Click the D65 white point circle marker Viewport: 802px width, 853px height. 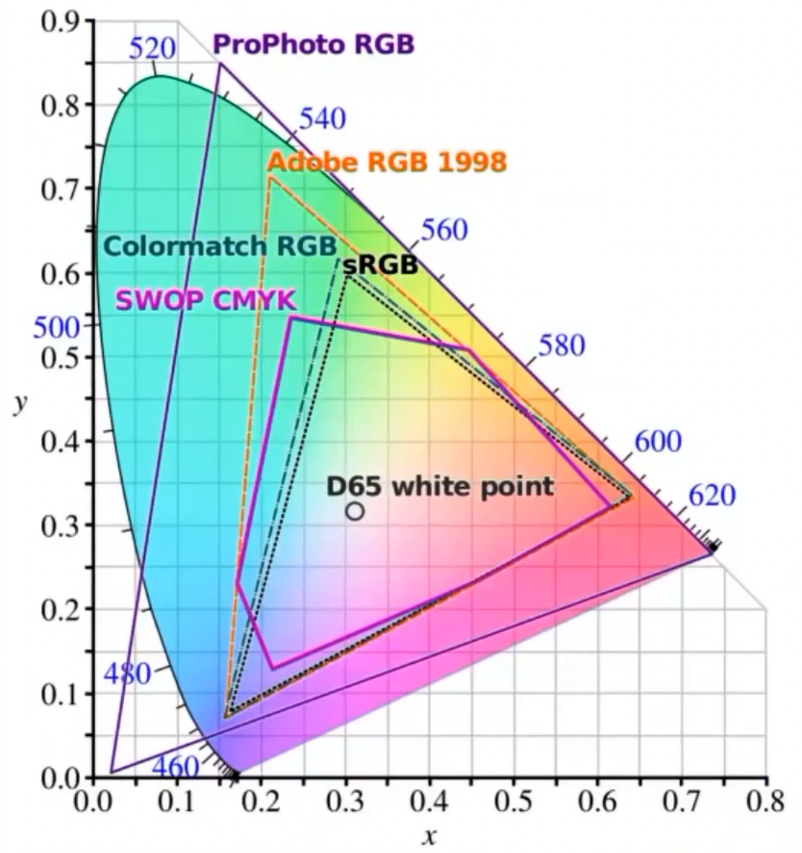point(354,511)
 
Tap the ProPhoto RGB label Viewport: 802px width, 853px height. point(314,44)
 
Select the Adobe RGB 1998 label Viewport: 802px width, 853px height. point(387,161)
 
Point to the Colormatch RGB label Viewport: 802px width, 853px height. point(220,246)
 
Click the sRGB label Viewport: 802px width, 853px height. point(380,265)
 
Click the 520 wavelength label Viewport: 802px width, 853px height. point(152,48)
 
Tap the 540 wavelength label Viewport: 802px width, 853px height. point(322,119)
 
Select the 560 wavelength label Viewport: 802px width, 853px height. point(444,230)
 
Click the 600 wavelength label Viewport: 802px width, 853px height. point(658,442)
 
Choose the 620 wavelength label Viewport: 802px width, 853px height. point(712,496)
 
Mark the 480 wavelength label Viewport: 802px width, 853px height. point(128,673)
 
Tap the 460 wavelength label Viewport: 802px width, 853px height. point(175,766)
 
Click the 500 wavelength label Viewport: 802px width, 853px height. point(56,328)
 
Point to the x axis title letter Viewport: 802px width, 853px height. point(430,837)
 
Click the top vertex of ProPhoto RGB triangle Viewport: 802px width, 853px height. point(221,64)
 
